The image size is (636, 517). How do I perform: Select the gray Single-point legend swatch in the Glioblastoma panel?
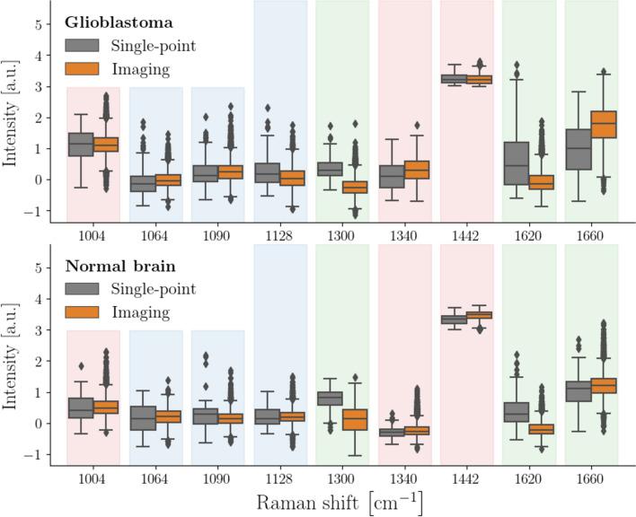[82, 45]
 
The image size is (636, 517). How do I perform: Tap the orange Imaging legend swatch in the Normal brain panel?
[82, 312]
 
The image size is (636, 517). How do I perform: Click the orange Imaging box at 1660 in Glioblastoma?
[604, 124]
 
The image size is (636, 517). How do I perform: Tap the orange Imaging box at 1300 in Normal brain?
[356, 419]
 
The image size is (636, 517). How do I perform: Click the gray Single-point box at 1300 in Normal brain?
[330, 398]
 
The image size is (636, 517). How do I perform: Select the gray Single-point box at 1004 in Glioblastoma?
[81, 145]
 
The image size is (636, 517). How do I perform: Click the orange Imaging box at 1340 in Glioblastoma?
[417, 170]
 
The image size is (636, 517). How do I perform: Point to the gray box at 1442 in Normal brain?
[454, 320]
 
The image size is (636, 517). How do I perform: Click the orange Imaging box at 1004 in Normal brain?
[106, 407]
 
